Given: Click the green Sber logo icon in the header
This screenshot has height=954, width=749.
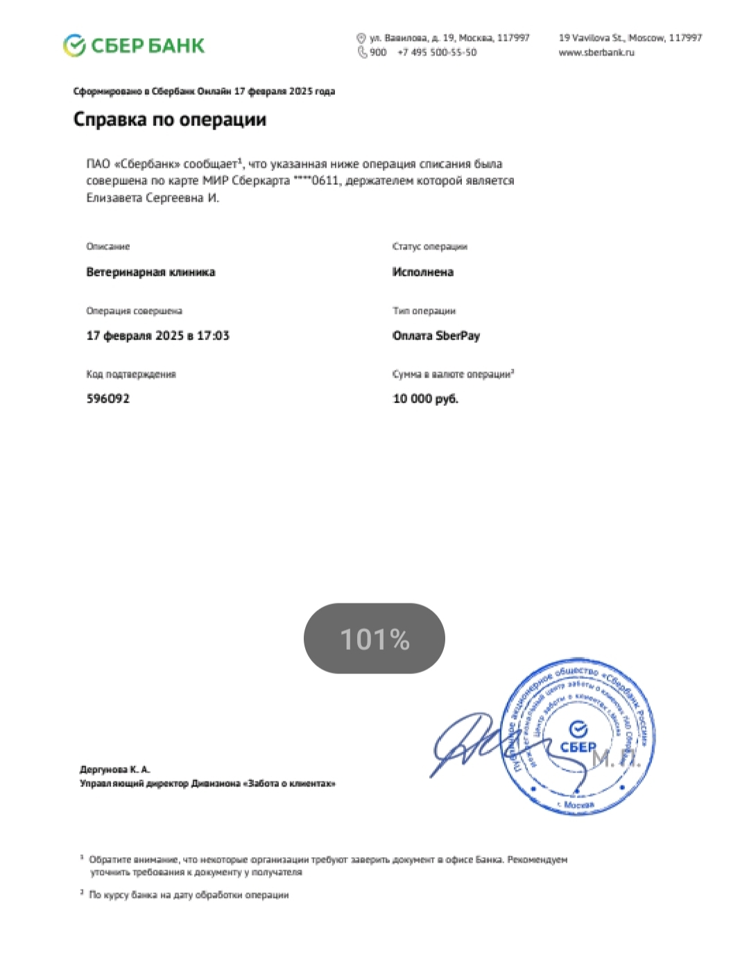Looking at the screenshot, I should tap(74, 46).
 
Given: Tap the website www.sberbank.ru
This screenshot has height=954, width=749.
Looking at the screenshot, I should tap(596, 53).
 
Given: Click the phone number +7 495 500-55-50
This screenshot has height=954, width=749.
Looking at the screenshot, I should tap(437, 53).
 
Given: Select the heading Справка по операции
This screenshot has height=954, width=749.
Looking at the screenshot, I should tap(170, 119).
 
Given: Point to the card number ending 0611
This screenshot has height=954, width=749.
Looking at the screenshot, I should tap(316, 181).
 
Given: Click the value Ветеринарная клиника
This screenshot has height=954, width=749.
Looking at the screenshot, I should tap(150, 272).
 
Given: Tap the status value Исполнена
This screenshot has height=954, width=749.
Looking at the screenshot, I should tap(422, 272).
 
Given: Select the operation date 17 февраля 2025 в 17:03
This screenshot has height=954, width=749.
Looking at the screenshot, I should tap(157, 336).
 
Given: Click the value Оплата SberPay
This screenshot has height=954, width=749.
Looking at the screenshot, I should tap(436, 336).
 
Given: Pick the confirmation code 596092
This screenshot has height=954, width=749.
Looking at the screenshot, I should tap(107, 399).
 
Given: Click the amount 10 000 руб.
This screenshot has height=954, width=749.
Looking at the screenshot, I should tap(425, 399).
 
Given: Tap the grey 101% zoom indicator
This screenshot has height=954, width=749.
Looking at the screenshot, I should tap(374, 639).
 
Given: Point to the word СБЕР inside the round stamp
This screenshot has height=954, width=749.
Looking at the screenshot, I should tap(578, 747).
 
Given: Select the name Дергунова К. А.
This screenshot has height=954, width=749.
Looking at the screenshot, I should tap(114, 770).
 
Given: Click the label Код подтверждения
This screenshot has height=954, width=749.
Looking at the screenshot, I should tap(130, 374).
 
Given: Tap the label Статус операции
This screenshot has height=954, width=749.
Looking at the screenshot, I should tap(429, 247).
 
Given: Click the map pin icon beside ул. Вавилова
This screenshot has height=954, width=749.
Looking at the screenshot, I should tap(361, 38).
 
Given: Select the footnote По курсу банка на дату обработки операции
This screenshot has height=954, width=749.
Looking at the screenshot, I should tap(189, 895).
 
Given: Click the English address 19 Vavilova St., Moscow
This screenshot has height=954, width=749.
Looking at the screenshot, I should tap(630, 38).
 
